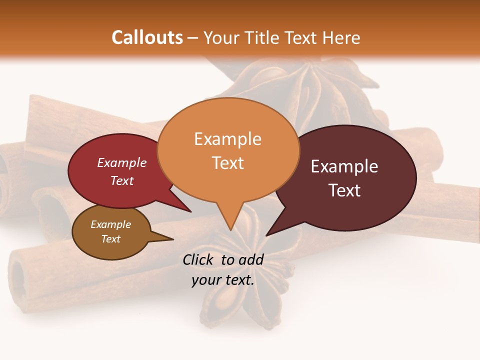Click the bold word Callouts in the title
[x=147, y=37]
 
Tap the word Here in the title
[x=342, y=37]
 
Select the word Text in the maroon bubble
[x=344, y=190]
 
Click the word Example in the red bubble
[x=121, y=162]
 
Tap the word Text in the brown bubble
[x=110, y=239]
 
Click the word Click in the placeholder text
[x=199, y=259]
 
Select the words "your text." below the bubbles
[x=223, y=280]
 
